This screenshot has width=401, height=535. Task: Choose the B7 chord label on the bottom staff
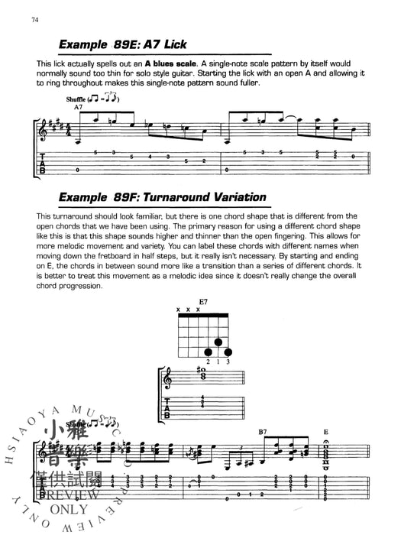pos(263,433)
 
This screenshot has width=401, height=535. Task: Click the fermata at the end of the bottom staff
pos(327,441)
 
